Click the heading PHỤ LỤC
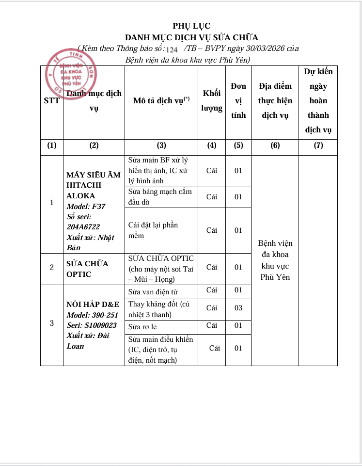pyautogui.click(x=191, y=26)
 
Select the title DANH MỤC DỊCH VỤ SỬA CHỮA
pyautogui.click(x=191, y=37)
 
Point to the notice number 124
pyautogui.click(x=172, y=49)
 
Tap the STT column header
pyautogui.click(x=52, y=101)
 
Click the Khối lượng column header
pyautogui.click(x=212, y=101)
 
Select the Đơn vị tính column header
pyautogui.click(x=238, y=101)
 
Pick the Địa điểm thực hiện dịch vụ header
pyautogui.click(x=275, y=101)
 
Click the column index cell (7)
pyautogui.click(x=318, y=145)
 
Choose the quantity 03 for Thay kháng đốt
pyautogui.click(x=238, y=308)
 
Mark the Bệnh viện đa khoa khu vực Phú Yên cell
pyautogui.click(x=275, y=260)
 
